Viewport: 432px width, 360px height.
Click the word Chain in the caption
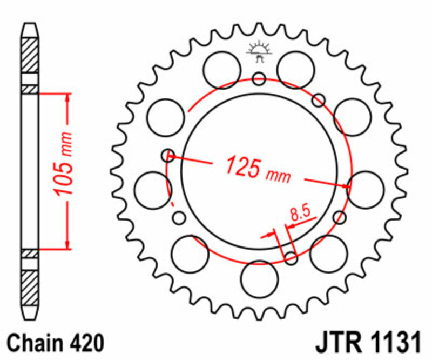click(x=36, y=343)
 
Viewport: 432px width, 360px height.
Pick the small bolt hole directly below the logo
click(x=259, y=79)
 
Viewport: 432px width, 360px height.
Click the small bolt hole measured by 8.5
click(x=291, y=258)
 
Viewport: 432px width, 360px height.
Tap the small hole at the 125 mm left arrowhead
click(x=168, y=156)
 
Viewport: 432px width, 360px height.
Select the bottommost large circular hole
click(x=259, y=278)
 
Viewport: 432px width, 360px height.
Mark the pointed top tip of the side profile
click(x=30, y=24)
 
